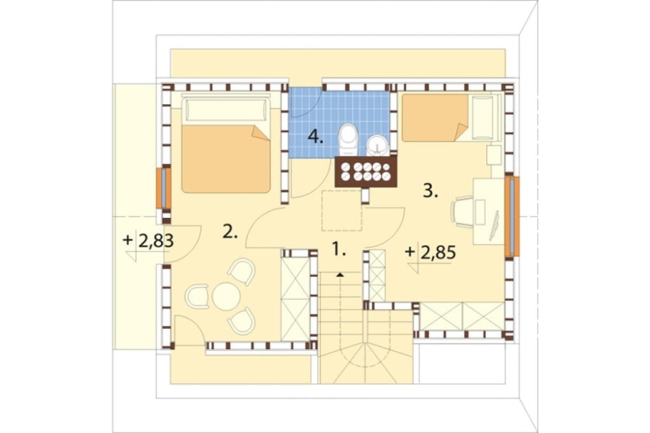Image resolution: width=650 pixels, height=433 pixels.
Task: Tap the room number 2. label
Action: pyautogui.click(x=230, y=231)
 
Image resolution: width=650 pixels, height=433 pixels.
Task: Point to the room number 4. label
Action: pyautogui.click(x=315, y=137)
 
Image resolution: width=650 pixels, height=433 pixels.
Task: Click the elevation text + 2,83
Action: pyautogui.click(x=148, y=241)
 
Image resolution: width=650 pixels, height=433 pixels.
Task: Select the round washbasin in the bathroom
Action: pyautogui.click(x=378, y=145)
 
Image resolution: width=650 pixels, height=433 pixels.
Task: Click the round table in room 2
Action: pyautogui.click(x=226, y=296)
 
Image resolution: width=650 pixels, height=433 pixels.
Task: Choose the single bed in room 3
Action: pyautogui.click(x=451, y=118)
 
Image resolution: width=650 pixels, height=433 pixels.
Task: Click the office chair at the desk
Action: pyautogui.click(x=462, y=211)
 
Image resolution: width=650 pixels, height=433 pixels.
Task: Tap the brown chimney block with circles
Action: pyautogui.click(x=365, y=172)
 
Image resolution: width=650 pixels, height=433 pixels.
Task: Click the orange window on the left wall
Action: pyautogui.click(x=164, y=189)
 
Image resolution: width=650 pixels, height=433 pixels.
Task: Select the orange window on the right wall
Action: pyautogui.click(x=512, y=216)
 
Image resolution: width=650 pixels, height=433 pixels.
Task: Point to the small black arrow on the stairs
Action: pyautogui.click(x=341, y=274)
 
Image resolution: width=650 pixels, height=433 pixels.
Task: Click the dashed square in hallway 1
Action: pyautogui.click(x=342, y=210)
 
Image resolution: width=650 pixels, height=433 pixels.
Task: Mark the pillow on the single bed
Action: pyautogui.click(x=483, y=118)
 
